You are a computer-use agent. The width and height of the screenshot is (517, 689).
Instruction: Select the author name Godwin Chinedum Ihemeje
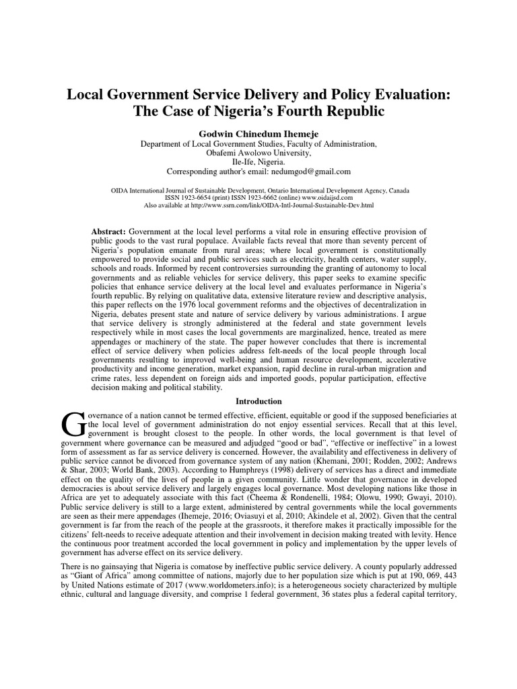(258, 133)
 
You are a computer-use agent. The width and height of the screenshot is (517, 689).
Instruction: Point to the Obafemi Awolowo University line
(258, 153)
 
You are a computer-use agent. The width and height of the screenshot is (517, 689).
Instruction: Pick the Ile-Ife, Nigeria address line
(258, 162)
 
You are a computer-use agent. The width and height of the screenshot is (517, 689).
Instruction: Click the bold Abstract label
(108, 231)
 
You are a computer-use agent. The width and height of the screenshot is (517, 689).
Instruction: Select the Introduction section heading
(258, 401)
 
